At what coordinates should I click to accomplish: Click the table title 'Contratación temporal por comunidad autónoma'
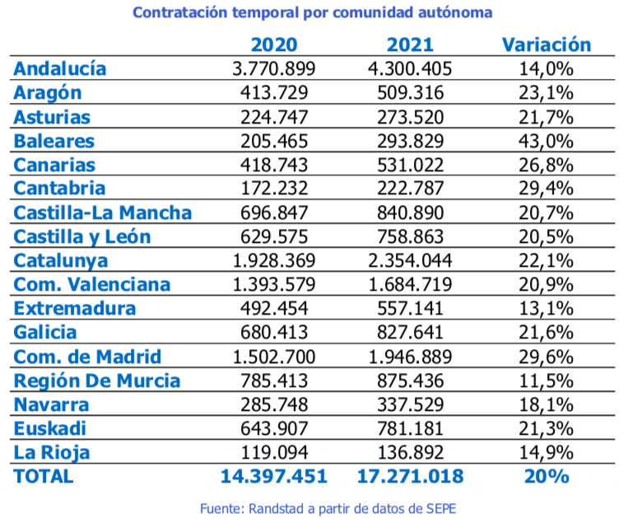click(313, 13)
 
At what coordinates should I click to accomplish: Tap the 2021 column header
click(409, 44)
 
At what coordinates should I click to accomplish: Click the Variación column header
click(547, 44)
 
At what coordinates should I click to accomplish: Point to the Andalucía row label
click(60, 68)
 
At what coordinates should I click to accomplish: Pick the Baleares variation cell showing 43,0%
click(547, 141)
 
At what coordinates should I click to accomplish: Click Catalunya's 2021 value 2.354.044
click(409, 260)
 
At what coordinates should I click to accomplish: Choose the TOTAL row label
click(44, 476)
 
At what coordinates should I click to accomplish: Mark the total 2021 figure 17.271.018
click(409, 476)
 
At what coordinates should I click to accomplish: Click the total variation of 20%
click(547, 476)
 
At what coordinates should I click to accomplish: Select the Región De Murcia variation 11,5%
click(547, 380)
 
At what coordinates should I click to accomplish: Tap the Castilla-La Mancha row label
click(103, 212)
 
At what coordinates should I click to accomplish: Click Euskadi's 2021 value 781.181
click(409, 428)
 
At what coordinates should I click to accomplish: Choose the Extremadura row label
click(74, 308)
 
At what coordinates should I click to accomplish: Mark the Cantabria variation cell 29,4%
click(547, 189)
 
